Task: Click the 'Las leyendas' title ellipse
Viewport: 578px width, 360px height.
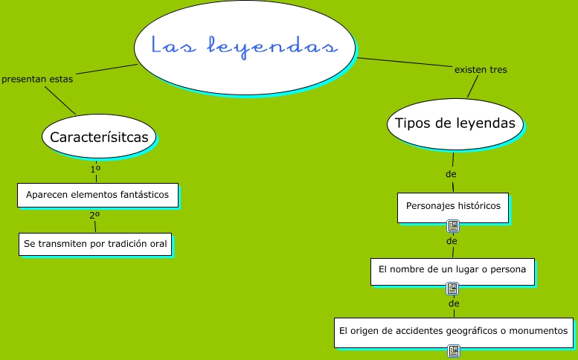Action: point(245,46)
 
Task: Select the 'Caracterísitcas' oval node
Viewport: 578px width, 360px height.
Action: point(99,137)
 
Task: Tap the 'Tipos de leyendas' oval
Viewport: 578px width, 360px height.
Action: point(455,123)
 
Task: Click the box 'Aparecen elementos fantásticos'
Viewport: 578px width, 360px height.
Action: point(97,195)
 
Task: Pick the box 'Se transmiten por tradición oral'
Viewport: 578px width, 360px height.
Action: point(96,243)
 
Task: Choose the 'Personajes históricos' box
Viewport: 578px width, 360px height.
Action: point(453,206)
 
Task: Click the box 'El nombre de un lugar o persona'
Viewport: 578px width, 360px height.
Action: point(452,270)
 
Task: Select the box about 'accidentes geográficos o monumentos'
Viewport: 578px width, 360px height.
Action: point(453,330)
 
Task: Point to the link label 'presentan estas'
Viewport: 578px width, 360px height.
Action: point(37,80)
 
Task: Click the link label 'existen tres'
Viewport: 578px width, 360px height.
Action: point(481,70)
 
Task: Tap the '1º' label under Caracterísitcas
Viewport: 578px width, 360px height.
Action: point(95,170)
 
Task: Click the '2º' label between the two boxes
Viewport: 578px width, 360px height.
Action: point(94,216)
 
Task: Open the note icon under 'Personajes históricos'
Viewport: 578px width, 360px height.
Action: point(452,226)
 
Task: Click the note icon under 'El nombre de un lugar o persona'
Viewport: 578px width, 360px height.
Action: point(452,289)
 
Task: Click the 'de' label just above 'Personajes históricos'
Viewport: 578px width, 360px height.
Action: point(451,174)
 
